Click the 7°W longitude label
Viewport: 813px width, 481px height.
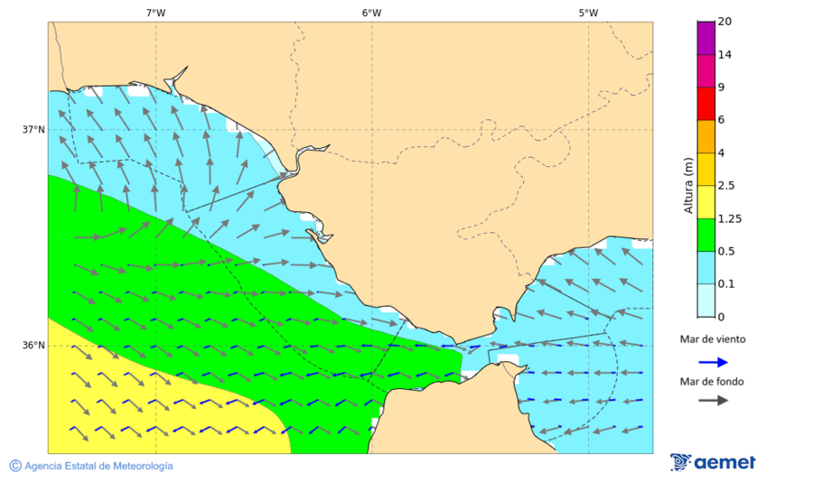click(x=155, y=13)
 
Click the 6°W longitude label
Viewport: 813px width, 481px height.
click(x=371, y=13)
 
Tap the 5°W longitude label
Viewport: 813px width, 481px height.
click(x=588, y=13)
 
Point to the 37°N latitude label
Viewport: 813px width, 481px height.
click(x=33, y=129)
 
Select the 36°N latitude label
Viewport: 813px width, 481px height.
click(x=33, y=346)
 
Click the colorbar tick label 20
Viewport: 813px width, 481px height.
click(x=725, y=22)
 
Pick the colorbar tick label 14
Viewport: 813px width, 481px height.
click(x=725, y=54)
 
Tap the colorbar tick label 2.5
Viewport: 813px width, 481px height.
click(x=726, y=186)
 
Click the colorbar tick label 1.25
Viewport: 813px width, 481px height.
click(x=729, y=218)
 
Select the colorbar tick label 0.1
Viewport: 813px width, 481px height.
click(x=726, y=284)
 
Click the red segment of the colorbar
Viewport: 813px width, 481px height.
click(x=706, y=103)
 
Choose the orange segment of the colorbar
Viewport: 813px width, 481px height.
click(x=706, y=136)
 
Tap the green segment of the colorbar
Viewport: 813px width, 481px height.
click(x=706, y=235)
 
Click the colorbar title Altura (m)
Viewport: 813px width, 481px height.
click(x=688, y=186)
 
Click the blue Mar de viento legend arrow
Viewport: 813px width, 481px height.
click(x=713, y=362)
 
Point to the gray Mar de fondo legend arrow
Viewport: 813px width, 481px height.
click(x=713, y=400)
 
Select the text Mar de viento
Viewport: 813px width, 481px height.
click(x=713, y=339)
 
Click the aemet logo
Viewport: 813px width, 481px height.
click(x=714, y=462)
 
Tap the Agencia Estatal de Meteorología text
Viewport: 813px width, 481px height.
click(x=91, y=466)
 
